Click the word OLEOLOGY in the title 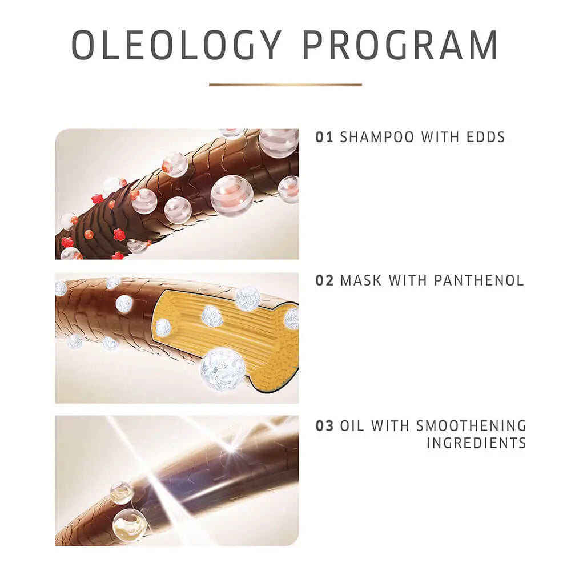[176, 45]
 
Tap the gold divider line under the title [285, 85]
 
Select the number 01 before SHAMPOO [324, 137]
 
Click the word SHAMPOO [377, 137]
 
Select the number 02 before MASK [324, 281]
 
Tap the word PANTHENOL [479, 281]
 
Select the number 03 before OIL [324, 426]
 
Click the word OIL [352, 426]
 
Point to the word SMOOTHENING [471, 426]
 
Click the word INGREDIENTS [476, 443]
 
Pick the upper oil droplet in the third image [122, 493]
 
